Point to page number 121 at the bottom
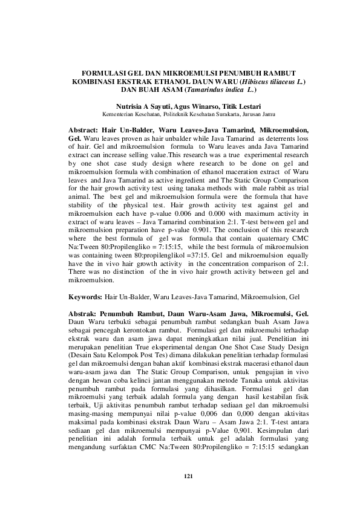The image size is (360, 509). (x=188, y=478)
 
